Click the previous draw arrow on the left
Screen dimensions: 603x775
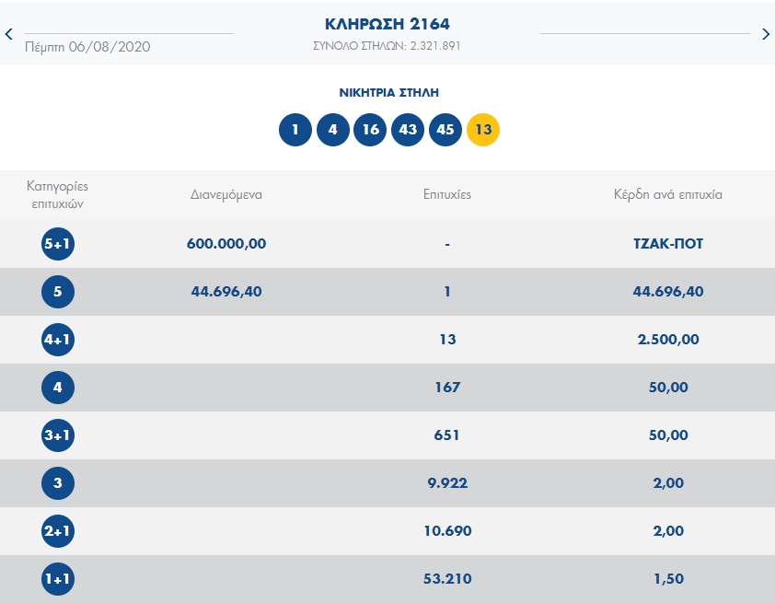[8, 35]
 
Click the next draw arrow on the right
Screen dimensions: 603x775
[766, 35]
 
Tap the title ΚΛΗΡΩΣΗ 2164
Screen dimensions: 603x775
[387, 24]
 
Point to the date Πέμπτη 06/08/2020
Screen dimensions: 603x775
[87, 47]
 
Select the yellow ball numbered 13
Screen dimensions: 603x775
[483, 130]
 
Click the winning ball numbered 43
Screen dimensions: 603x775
[408, 130]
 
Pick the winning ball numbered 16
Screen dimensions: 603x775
[370, 130]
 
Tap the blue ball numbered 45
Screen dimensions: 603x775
[445, 130]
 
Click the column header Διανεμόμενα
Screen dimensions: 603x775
[226, 195]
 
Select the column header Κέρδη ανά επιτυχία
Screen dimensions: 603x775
[667, 195]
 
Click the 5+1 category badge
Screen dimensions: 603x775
[58, 244]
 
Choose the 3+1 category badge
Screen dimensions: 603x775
[58, 435]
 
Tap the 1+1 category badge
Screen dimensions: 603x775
[58, 579]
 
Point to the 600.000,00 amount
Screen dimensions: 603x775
[226, 244]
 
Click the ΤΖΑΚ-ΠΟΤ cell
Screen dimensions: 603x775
[667, 244]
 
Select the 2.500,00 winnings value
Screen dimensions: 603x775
[667, 340]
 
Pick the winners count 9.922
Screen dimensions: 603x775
[447, 483]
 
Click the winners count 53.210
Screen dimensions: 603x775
[447, 579]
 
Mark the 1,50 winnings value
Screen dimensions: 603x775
[667, 579]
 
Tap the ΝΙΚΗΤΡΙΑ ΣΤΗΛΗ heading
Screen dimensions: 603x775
[388, 93]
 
